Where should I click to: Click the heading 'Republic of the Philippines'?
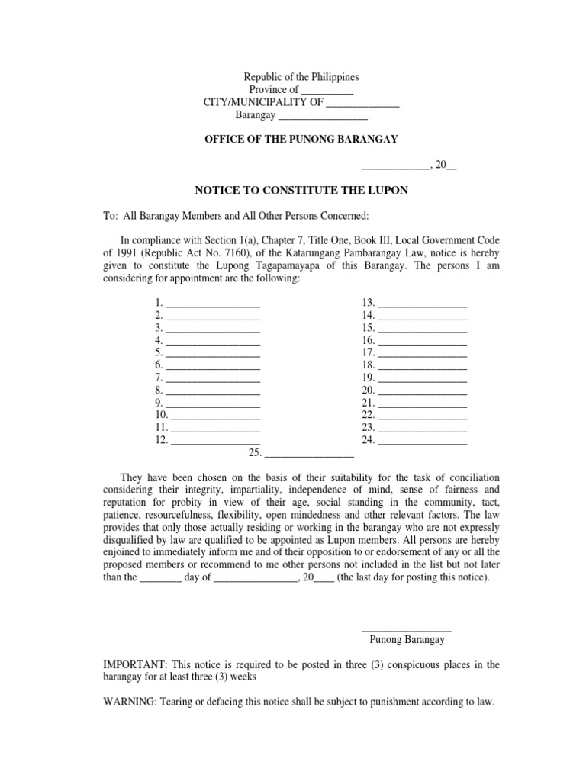coord(301,77)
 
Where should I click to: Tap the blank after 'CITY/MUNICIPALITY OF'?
coord(362,104)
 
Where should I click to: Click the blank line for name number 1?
coord(213,304)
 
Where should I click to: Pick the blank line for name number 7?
coord(213,378)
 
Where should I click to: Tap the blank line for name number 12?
coord(216,440)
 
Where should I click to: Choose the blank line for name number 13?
coord(422,304)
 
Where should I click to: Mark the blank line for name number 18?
coord(422,365)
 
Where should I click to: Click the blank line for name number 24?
coord(422,440)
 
